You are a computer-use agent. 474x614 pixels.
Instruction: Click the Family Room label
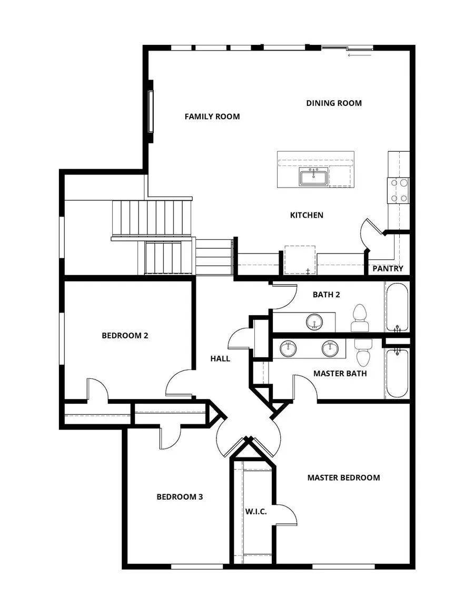[212, 116]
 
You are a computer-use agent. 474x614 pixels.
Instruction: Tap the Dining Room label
[334, 103]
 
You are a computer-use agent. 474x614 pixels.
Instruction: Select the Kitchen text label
[307, 215]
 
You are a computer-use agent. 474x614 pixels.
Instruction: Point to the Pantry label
[388, 269]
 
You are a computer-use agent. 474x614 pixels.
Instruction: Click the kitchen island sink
[313, 178]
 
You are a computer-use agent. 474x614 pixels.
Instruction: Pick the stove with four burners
[399, 190]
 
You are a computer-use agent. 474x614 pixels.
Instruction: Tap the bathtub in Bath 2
[396, 307]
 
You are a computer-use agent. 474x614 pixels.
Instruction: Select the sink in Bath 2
[315, 322]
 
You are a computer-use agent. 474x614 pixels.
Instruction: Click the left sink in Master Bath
[288, 348]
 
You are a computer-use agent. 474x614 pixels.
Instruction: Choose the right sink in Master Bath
[330, 348]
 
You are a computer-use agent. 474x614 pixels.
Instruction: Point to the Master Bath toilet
[363, 352]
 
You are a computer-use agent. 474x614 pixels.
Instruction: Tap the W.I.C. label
[256, 512]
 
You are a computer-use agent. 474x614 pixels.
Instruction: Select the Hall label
[220, 358]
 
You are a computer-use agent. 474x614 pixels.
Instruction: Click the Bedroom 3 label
[180, 496]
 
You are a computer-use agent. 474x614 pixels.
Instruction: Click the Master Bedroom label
[343, 477]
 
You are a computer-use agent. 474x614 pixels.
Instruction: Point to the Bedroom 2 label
[125, 335]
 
